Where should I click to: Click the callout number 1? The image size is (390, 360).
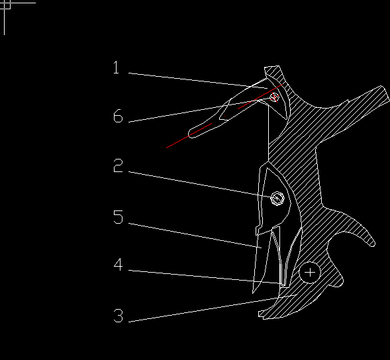pyautogui.click(x=116, y=67)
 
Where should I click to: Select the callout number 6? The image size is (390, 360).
pyautogui.click(x=118, y=116)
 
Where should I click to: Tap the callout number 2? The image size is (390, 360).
pyautogui.click(x=118, y=165)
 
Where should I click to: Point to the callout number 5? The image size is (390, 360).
pyautogui.click(x=118, y=217)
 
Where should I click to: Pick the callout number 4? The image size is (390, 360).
pyautogui.click(x=118, y=264)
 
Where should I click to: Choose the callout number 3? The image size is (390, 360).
pyautogui.click(x=118, y=316)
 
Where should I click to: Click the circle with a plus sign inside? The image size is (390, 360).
pyautogui.click(x=310, y=273)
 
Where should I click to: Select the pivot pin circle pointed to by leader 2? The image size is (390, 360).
pyautogui.click(x=277, y=199)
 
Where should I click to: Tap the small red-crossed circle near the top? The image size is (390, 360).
pyautogui.click(x=274, y=97)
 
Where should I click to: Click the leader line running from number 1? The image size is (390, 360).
pyautogui.click(x=198, y=81)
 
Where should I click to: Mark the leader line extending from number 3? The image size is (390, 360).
pyautogui.click(x=212, y=308)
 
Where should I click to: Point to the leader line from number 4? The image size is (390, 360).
pyautogui.click(x=204, y=277)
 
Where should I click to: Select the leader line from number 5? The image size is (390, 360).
pyautogui.click(x=195, y=236)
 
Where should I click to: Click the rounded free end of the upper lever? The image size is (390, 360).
pyautogui.click(x=191, y=133)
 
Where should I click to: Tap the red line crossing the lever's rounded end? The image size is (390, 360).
pyautogui.click(x=189, y=136)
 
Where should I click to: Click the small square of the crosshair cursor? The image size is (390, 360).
pyautogui.click(x=7, y=5)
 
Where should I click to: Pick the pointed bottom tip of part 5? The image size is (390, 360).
pyautogui.click(x=253, y=292)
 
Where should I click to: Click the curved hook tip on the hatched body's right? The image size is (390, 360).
pyautogui.click(x=372, y=244)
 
